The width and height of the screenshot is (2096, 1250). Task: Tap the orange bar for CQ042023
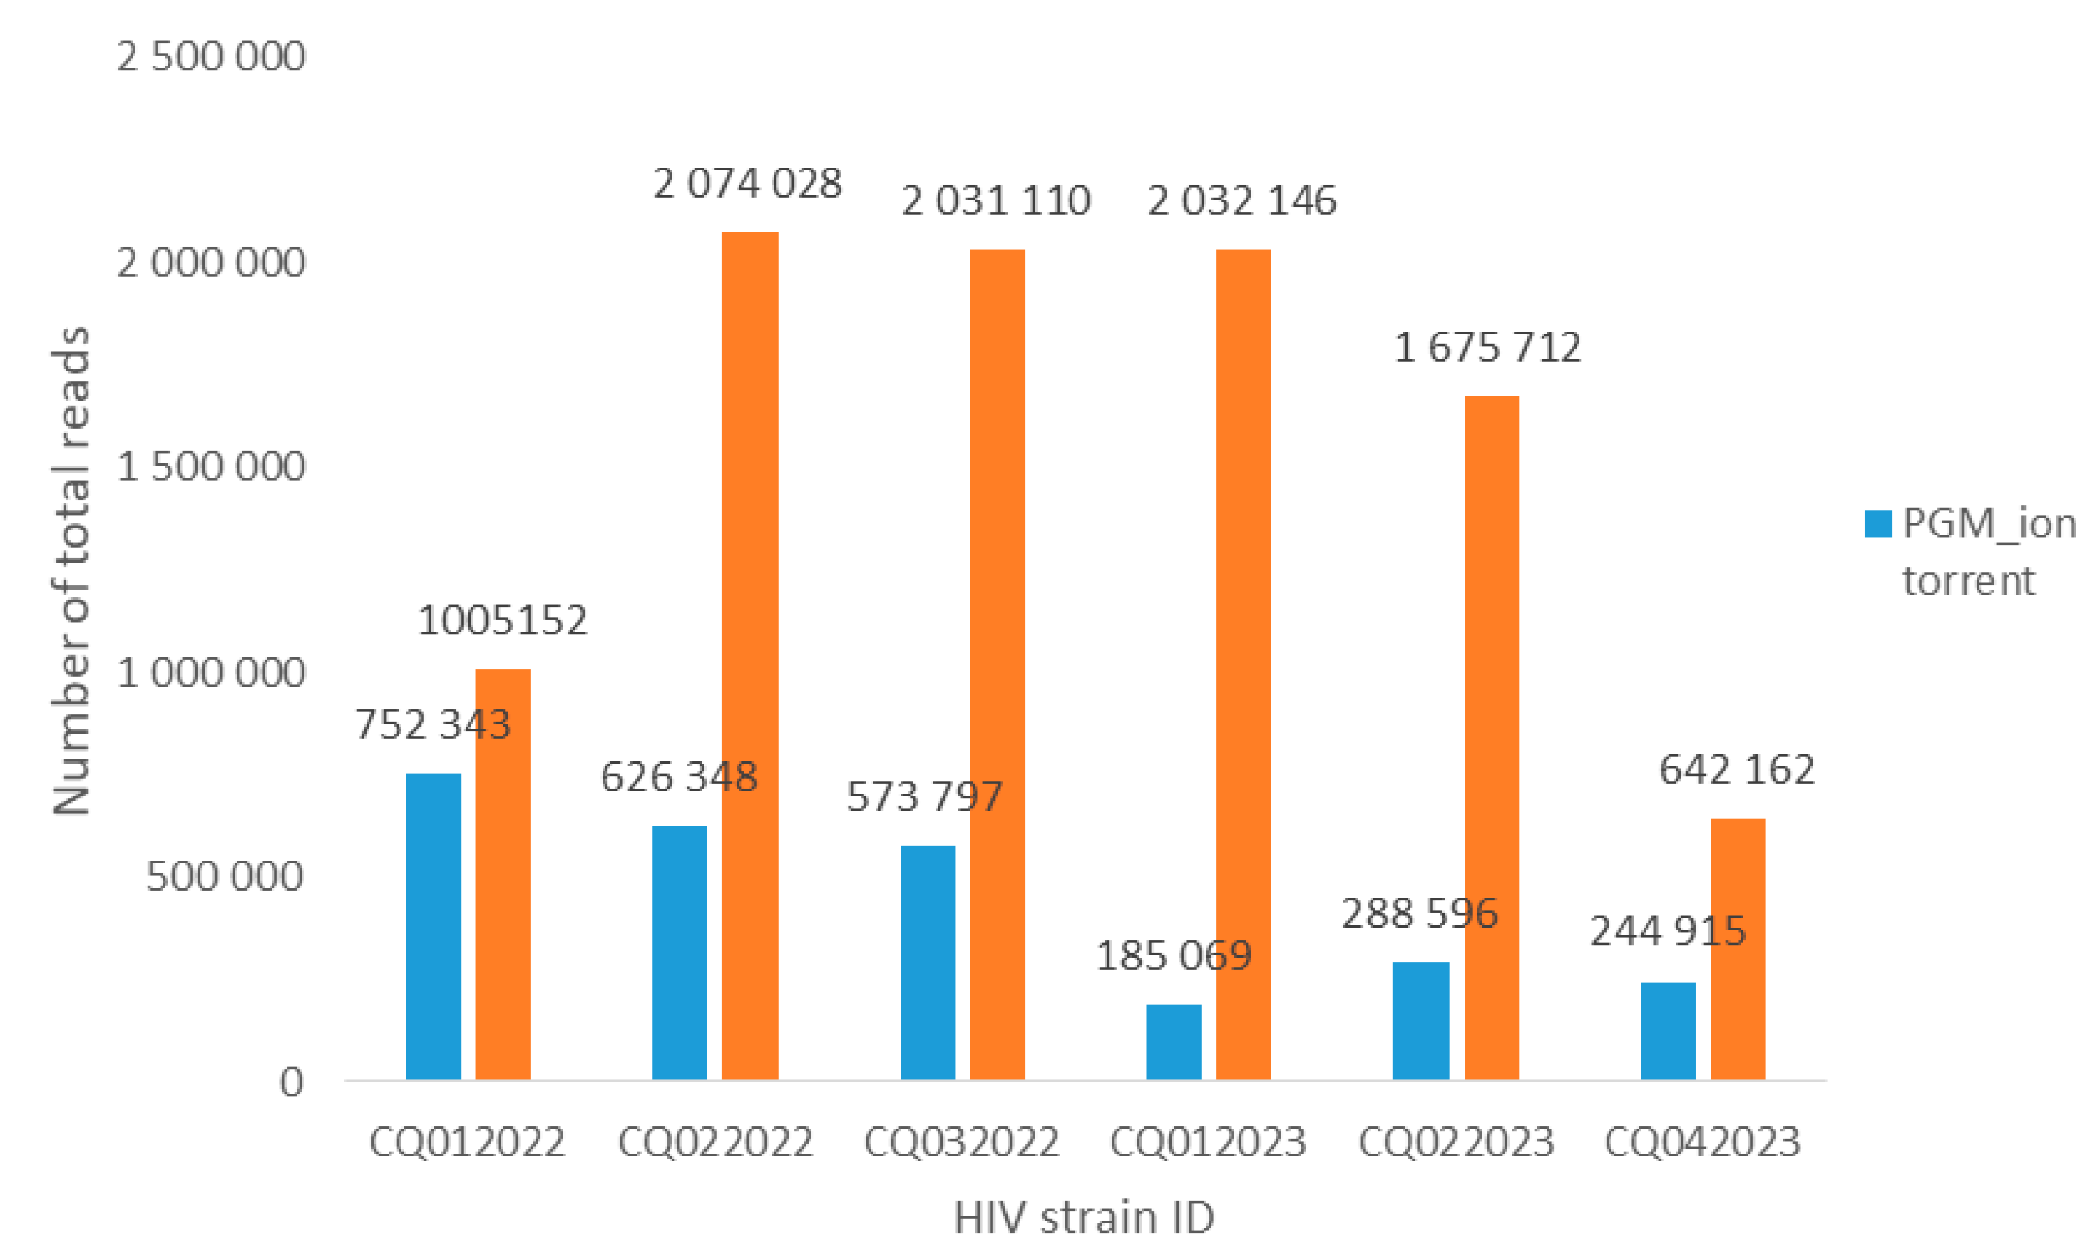[x=1737, y=948]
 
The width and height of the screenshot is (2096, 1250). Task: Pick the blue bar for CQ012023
[x=1174, y=1041]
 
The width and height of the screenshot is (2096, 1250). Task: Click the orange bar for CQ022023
[x=1491, y=737]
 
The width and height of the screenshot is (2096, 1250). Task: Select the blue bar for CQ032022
[x=927, y=962]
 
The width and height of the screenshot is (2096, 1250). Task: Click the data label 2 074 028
[x=747, y=184]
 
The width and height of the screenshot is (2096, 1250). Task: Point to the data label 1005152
[x=502, y=620]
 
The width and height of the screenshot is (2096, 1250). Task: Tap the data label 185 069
[x=1174, y=956]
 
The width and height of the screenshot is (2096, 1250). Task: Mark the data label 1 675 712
[x=1488, y=348]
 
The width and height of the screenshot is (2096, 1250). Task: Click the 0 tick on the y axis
[x=291, y=1082]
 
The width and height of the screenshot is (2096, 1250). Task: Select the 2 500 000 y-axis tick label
[x=211, y=57]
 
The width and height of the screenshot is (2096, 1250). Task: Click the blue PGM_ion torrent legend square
[x=1877, y=524]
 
